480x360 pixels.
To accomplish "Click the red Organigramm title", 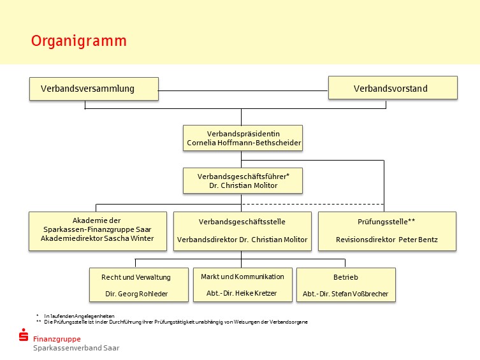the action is click(x=78, y=41).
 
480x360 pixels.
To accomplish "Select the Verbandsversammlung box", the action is click(x=94, y=89).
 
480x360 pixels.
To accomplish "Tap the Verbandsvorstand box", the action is click(x=393, y=88).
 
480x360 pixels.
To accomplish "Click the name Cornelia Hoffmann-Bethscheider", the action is click(x=244, y=143).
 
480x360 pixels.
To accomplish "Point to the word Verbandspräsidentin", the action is click(x=244, y=134).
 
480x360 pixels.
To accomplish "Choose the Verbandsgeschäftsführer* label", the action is click(x=244, y=176).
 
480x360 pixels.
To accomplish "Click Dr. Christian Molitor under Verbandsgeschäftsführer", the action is click(x=244, y=185).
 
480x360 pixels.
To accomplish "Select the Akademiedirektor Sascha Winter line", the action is click(x=98, y=238).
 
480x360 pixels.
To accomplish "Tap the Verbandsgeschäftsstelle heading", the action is click(x=242, y=222).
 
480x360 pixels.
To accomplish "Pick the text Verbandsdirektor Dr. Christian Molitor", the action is click(x=242, y=240).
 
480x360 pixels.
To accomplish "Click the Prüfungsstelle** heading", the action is click(x=386, y=222).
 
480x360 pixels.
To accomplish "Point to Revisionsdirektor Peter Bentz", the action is click(x=387, y=240).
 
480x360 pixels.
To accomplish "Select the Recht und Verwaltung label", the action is click(x=136, y=277).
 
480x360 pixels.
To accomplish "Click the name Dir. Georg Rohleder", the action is click(x=136, y=294).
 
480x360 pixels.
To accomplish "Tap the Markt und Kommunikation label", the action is click(x=242, y=277).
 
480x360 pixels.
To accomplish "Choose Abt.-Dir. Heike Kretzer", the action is click(x=242, y=293).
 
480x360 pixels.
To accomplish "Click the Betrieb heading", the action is click(x=345, y=277).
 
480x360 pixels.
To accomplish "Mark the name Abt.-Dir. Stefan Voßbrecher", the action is click(x=345, y=294).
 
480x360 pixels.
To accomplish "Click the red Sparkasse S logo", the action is click(x=24, y=335).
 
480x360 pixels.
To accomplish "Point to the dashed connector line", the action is click(x=312, y=204).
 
